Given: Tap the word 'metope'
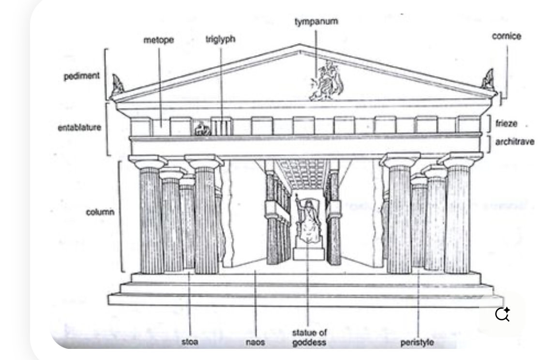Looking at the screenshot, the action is (x=156, y=40).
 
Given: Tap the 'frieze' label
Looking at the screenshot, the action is (x=506, y=123).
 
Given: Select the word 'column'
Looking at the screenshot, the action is (x=100, y=212).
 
